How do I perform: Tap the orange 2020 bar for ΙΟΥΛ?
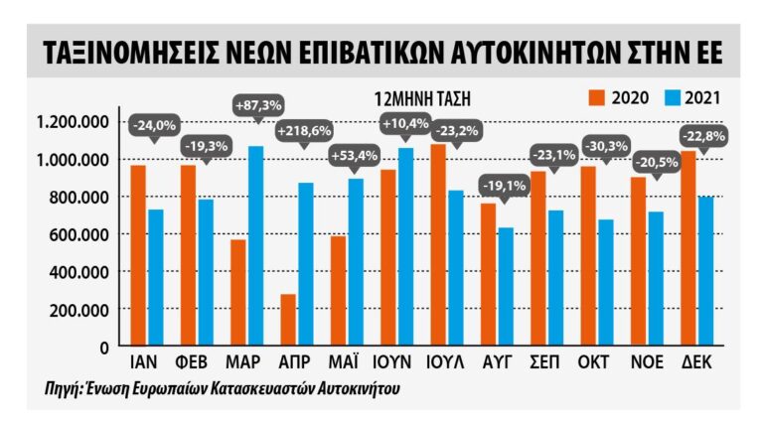pos(437,244)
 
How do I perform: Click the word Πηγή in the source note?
pos(65,388)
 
